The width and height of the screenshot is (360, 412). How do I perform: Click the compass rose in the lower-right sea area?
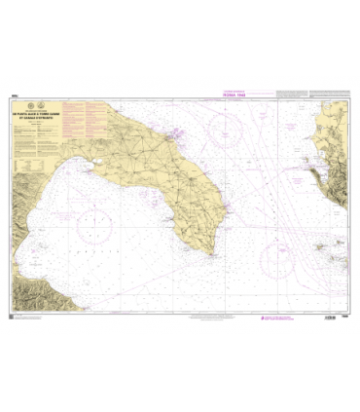coord(278,257)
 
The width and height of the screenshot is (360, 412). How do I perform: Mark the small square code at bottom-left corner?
coord(13,314)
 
